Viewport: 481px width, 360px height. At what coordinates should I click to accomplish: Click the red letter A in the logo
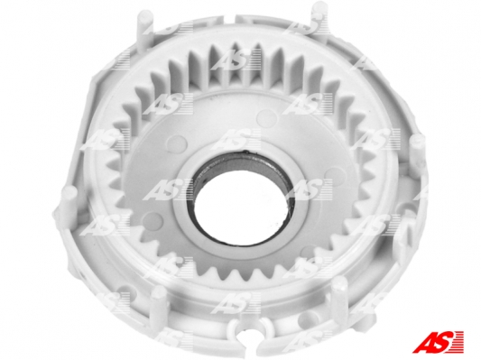(x=424, y=342)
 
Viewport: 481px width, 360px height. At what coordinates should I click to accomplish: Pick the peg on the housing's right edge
(x=418, y=151)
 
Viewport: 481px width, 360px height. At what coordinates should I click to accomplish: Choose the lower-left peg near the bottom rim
(x=160, y=302)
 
